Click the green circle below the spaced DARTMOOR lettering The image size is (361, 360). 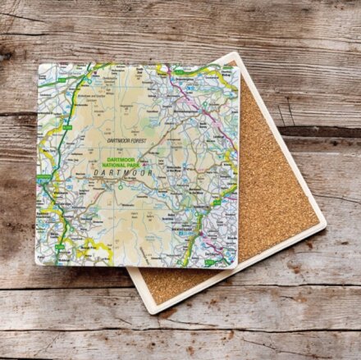121,186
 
